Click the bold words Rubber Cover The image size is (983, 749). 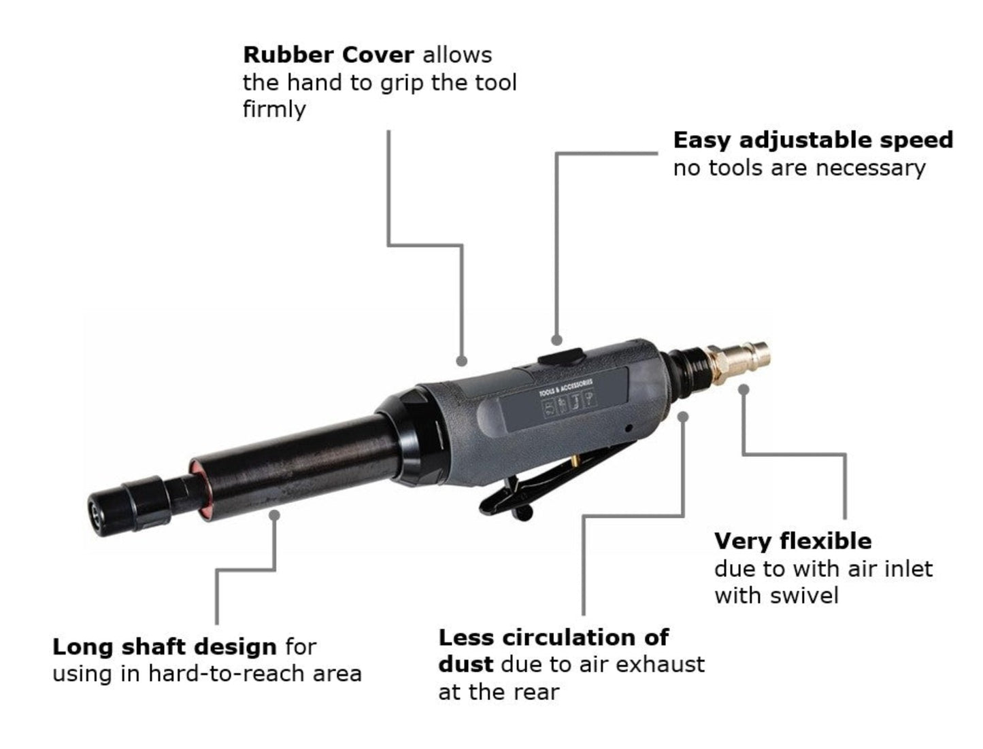328,54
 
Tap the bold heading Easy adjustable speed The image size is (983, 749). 813,140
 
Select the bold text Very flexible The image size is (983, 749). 793,541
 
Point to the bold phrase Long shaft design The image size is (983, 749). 164,646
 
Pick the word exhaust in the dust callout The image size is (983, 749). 664,664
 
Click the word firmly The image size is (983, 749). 274,109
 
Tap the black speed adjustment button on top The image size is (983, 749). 561,356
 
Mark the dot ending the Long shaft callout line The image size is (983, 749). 274,515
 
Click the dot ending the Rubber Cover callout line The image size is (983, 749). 462,361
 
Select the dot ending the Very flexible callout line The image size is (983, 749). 744,390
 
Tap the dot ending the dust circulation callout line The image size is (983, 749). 684,416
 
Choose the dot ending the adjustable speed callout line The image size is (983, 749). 556,339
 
